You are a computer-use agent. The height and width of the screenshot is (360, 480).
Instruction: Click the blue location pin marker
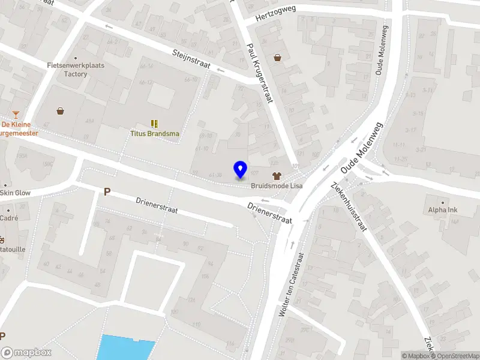click(x=240, y=169)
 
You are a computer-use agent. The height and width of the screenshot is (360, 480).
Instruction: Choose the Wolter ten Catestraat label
click(x=291, y=284)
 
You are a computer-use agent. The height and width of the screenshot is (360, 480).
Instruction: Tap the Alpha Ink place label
click(x=443, y=210)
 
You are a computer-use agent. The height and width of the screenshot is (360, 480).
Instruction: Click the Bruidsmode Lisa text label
click(x=277, y=186)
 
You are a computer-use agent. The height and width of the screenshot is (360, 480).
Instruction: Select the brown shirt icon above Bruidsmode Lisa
click(x=277, y=176)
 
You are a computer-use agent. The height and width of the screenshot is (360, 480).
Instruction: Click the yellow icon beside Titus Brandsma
click(x=155, y=123)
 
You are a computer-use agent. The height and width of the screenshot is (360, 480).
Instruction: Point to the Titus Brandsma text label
click(x=155, y=133)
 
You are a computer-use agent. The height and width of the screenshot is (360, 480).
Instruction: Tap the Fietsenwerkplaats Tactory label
click(x=76, y=70)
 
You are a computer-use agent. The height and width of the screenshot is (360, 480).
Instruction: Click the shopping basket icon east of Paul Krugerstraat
click(x=278, y=58)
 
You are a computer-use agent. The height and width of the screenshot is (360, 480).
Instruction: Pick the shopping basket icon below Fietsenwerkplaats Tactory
click(x=61, y=111)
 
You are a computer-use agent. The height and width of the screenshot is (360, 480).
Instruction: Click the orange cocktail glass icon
click(x=16, y=115)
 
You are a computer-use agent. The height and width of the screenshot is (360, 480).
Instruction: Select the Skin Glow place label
click(x=15, y=193)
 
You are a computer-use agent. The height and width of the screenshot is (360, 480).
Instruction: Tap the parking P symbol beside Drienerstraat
click(x=107, y=192)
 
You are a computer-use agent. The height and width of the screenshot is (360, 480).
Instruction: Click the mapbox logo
click(x=26, y=353)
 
